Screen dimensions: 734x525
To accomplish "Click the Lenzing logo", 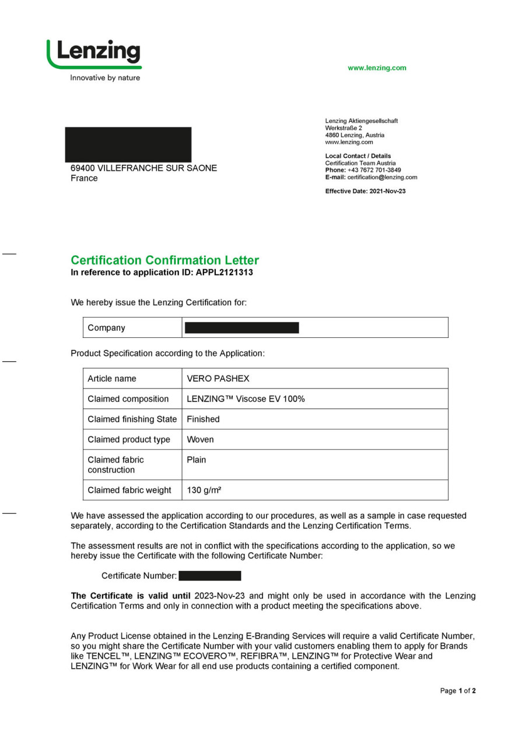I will tap(94, 54).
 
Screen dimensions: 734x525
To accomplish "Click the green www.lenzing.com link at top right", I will tap(377, 68).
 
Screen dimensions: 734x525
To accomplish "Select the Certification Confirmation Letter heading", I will tap(164, 260).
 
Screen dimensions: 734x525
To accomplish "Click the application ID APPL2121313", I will tap(225, 272).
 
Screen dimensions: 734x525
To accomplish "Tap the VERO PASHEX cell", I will tap(218, 379).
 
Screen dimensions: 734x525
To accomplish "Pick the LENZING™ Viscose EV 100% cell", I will tap(246, 399).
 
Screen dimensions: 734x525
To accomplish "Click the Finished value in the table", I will tap(203, 419).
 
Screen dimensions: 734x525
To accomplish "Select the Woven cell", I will tap(200, 440).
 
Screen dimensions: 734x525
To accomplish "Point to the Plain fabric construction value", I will tap(196, 460).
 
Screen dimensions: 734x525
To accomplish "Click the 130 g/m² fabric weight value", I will tap(204, 490).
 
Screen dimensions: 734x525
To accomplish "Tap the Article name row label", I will tap(111, 379).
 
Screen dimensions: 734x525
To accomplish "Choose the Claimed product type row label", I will tap(129, 440).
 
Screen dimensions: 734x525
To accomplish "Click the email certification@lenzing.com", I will tap(382, 177).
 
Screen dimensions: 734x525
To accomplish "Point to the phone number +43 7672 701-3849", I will tap(374, 170).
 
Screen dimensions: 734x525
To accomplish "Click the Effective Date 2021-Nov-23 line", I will tap(365, 191).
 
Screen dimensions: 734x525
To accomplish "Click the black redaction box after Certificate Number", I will tap(210, 576).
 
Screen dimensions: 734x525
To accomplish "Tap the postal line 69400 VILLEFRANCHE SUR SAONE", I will tap(143, 168).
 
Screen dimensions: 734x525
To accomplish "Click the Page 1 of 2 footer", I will tap(458, 691).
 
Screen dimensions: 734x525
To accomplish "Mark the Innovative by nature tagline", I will tap(105, 78).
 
